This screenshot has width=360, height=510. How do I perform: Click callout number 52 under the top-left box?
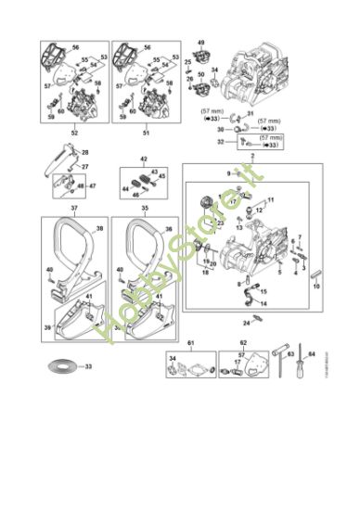pyautogui.click(x=74, y=134)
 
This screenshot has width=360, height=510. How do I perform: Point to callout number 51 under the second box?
pyautogui.click(x=145, y=134)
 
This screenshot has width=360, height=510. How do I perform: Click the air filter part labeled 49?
pyautogui.click(x=199, y=53)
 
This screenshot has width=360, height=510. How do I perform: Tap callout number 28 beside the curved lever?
pyautogui.click(x=85, y=151)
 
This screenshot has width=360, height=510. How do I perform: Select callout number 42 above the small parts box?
pyautogui.click(x=143, y=159)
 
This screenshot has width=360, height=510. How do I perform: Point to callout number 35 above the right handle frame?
pyautogui.click(x=145, y=210)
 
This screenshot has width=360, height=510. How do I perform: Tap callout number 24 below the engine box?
pyautogui.click(x=247, y=323)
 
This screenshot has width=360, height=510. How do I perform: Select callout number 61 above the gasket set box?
pyautogui.click(x=193, y=342)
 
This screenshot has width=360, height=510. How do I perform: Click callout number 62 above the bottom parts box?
pyautogui.click(x=243, y=342)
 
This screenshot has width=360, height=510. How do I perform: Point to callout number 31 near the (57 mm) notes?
pyautogui.click(x=250, y=113)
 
